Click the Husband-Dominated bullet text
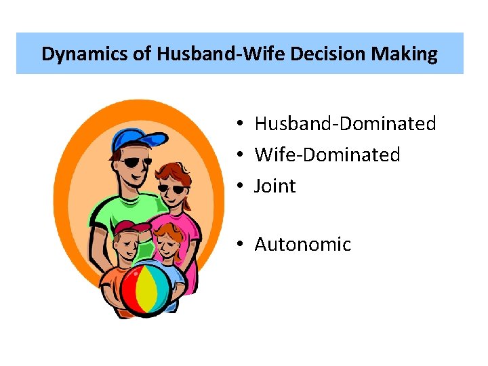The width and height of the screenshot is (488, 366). point(345,123)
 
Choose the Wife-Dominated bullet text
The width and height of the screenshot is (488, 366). point(327,155)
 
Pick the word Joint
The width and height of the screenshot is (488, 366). point(274,186)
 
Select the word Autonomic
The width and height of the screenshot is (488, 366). point(302,244)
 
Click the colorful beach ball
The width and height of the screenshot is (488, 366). point(145,289)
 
